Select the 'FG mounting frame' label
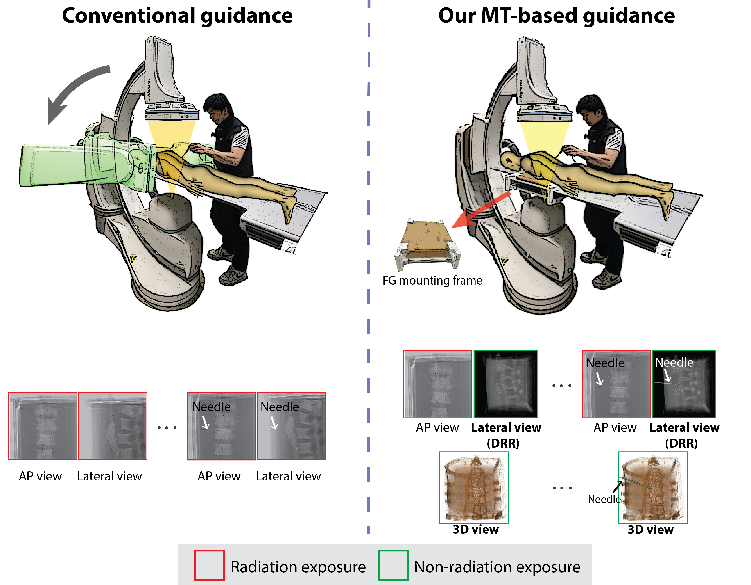pos(432,281)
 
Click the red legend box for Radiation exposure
pos(209,565)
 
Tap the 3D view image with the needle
pos(652,488)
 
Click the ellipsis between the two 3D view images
pos(562,488)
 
